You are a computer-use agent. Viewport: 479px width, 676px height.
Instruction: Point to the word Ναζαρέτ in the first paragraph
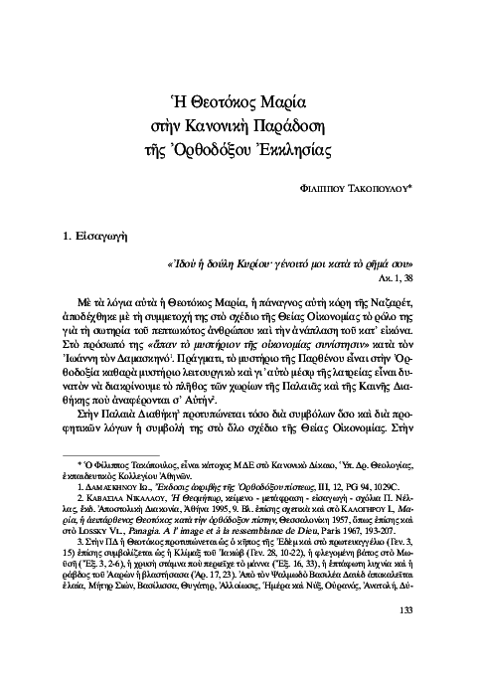pyautogui.click(x=408, y=300)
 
